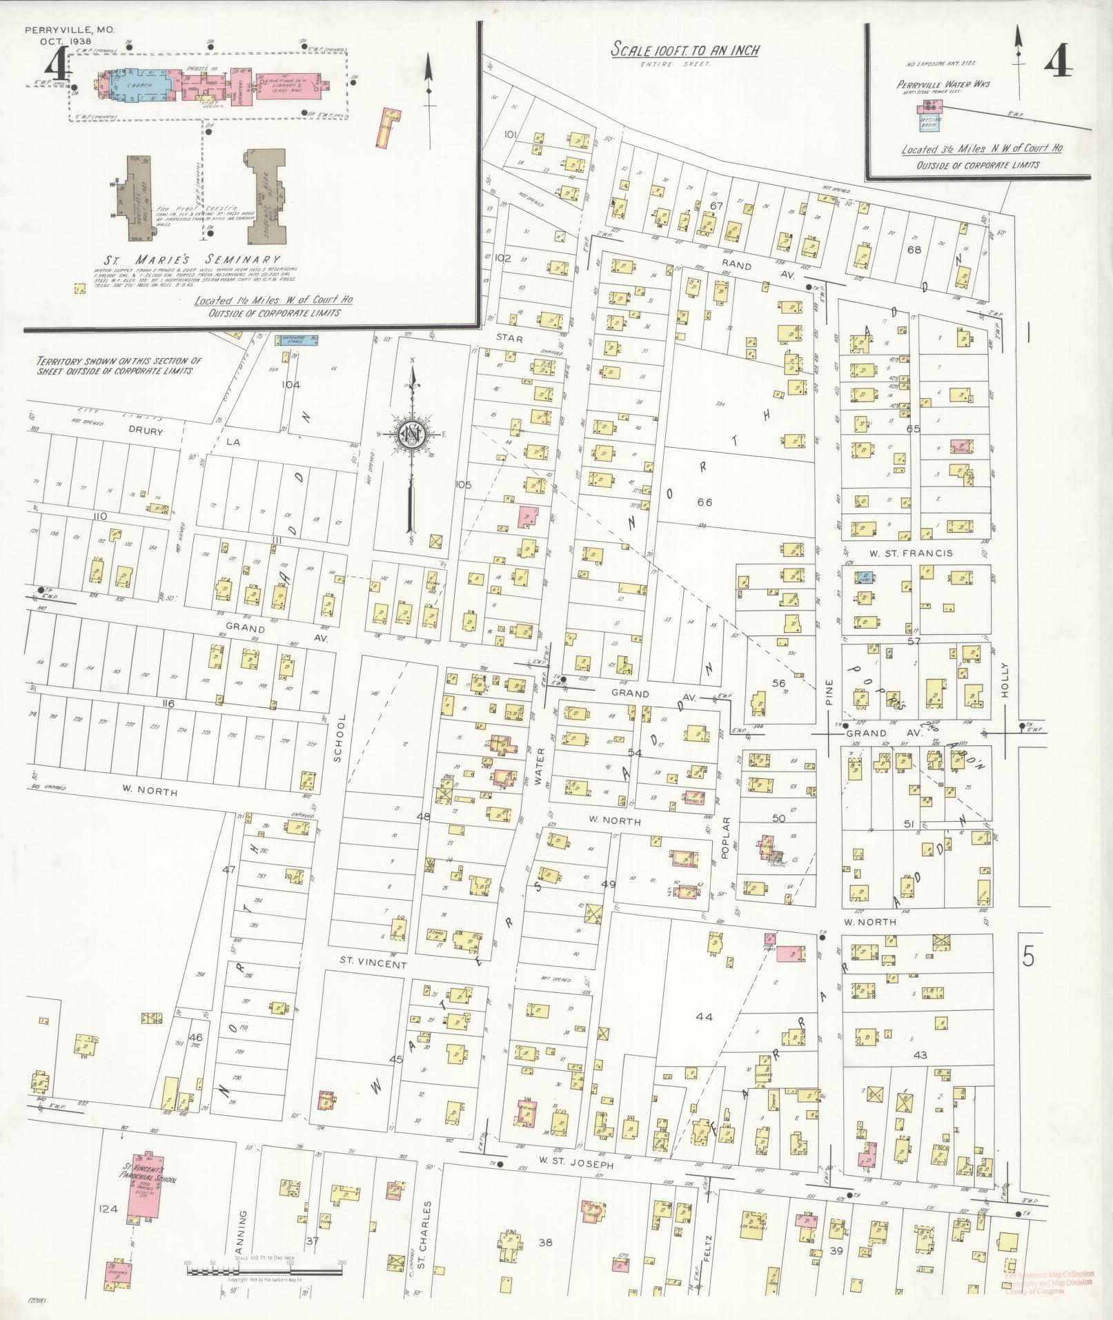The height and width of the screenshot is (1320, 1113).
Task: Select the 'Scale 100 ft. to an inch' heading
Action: tap(685, 50)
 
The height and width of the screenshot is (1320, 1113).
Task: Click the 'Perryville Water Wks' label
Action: tap(943, 84)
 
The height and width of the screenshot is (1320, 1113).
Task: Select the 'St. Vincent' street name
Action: tap(373, 964)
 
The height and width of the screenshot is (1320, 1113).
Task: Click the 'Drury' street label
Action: tap(146, 431)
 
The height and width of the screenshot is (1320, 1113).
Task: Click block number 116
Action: tap(168, 703)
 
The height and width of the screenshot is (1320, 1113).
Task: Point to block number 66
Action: tap(705, 502)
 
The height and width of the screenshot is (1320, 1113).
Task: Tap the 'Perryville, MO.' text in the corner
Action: tap(69, 30)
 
